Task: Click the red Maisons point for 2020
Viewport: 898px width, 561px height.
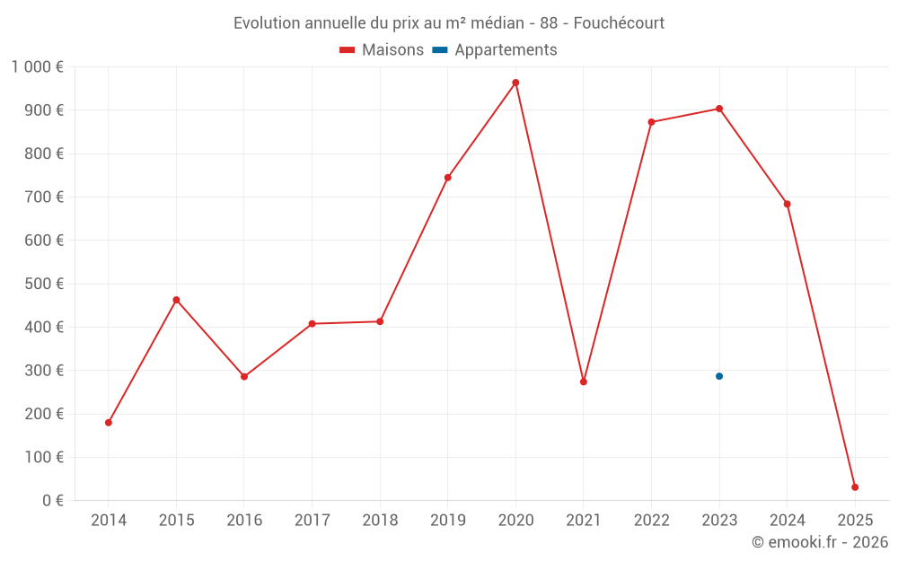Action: click(515, 83)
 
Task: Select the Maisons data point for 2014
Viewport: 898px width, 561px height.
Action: click(109, 423)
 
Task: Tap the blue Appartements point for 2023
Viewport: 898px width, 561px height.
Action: click(719, 376)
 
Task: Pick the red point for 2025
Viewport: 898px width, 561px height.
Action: click(855, 487)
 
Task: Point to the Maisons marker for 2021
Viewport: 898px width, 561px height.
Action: click(584, 381)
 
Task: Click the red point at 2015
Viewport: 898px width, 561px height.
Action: click(176, 300)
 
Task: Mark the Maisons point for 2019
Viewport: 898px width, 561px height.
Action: click(448, 178)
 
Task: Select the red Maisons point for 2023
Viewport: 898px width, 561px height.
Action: click(719, 109)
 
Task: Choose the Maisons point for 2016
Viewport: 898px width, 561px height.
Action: click(244, 377)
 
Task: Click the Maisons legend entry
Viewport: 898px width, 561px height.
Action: click(382, 50)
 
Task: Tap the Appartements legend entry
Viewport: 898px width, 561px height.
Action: click(495, 50)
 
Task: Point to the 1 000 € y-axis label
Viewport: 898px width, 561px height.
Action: click(38, 67)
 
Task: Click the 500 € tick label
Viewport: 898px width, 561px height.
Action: click(44, 284)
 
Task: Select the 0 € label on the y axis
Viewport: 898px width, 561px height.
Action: click(53, 500)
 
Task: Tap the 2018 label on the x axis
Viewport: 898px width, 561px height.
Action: click(380, 521)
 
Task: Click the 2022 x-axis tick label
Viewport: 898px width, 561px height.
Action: click(651, 521)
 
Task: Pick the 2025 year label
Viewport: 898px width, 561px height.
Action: click(855, 521)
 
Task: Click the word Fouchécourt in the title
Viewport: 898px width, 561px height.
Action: click(619, 23)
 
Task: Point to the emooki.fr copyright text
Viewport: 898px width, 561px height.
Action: click(820, 541)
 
